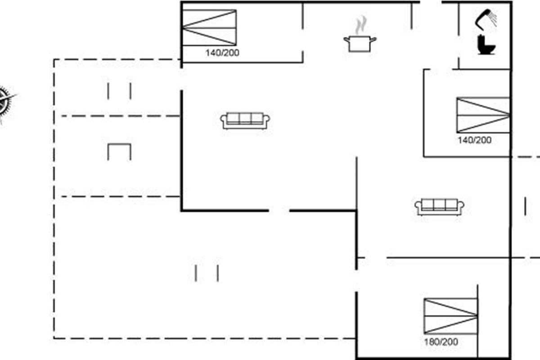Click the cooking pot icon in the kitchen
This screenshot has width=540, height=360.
(360, 44)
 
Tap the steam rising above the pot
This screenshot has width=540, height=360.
(360, 25)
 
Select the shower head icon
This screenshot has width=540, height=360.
(486, 19)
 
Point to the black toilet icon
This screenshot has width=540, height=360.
(486, 45)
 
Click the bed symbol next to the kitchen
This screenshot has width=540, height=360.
(209, 27)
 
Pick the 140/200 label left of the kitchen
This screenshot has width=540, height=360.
(222, 53)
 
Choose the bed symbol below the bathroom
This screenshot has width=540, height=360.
(483, 115)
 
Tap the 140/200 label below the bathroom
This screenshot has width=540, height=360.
(474, 140)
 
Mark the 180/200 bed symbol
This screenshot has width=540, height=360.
(451, 316)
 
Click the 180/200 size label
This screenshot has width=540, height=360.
(441, 342)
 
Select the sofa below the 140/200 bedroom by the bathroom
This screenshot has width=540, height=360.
(439, 207)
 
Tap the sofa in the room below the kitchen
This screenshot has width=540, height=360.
(245, 121)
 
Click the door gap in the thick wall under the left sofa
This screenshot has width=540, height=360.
(279, 211)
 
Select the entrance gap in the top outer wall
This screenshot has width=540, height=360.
(431, 2)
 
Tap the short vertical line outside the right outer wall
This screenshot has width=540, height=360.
(526, 206)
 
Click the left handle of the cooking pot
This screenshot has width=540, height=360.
(346, 39)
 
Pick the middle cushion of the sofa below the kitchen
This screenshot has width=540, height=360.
(245, 118)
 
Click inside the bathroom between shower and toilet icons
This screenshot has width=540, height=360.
(485, 32)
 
